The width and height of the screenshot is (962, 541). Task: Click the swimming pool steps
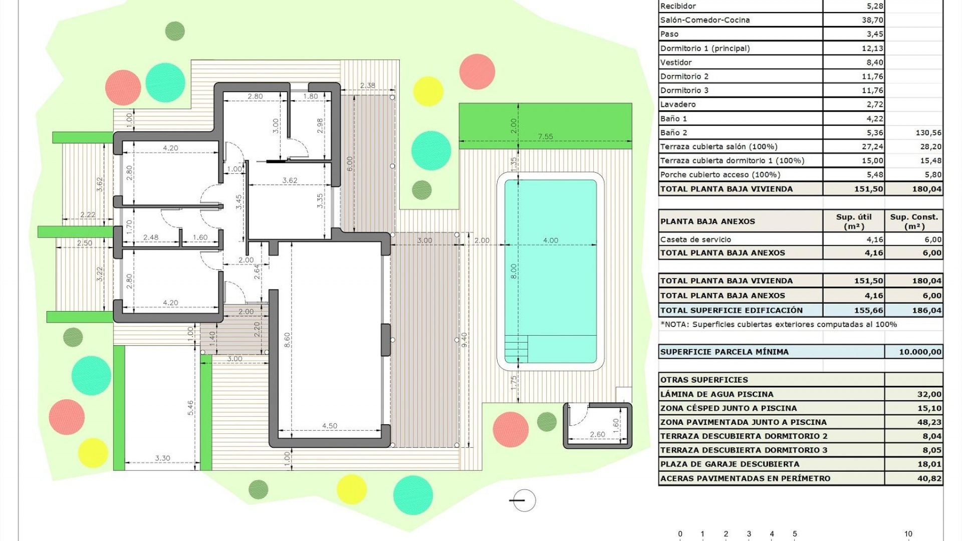click(x=516, y=348)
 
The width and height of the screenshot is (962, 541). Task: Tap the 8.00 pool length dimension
click(x=513, y=271)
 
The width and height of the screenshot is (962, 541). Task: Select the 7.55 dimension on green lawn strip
click(x=545, y=136)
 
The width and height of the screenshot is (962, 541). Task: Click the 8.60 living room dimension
click(x=287, y=340)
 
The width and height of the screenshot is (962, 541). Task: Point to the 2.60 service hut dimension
click(x=597, y=434)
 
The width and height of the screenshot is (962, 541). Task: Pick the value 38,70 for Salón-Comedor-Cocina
click(x=872, y=20)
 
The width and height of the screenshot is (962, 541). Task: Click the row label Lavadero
click(x=678, y=104)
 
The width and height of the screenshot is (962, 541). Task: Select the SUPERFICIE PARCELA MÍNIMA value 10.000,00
click(x=920, y=352)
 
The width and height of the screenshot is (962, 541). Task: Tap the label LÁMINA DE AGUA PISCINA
click(x=716, y=394)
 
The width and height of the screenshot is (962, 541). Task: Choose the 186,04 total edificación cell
click(x=926, y=310)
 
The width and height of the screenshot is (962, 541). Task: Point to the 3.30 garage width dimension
click(x=162, y=458)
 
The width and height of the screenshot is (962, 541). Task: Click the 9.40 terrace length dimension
click(x=464, y=340)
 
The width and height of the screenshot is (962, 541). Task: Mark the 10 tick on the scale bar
click(x=908, y=534)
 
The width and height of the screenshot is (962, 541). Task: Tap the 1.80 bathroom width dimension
click(x=310, y=96)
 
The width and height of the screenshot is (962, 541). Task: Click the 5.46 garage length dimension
click(x=190, y=407)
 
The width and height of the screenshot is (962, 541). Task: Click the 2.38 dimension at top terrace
click(x=367, y=85)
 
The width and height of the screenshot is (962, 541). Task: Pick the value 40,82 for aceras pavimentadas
click(x=929, y=478)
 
